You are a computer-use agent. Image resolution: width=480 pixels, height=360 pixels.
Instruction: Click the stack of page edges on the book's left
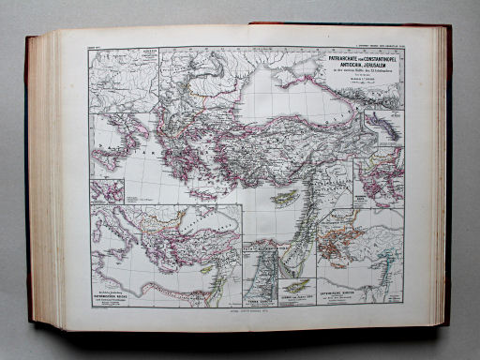point(42,178)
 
